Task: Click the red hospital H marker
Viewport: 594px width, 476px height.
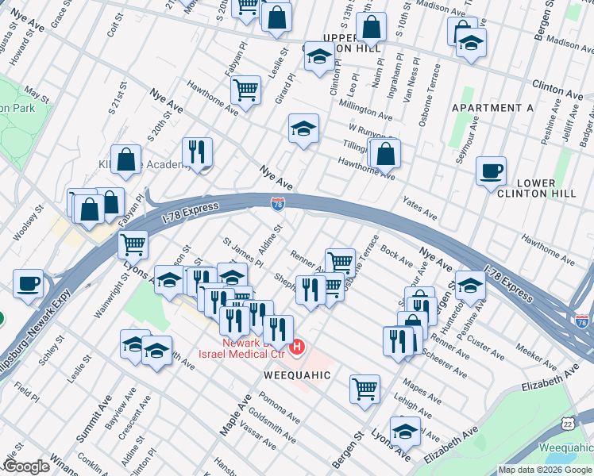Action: click(x=298, y=347)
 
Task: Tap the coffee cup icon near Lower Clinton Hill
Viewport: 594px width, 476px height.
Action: click(x=491, y=170)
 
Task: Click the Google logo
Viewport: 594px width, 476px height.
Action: click(x=27, y=466)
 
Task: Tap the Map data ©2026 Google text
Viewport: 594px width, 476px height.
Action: click(x=544, y=470)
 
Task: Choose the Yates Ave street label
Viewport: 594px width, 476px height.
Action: click(x=420, y=208)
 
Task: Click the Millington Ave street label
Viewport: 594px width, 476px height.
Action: click(x=365, y=109)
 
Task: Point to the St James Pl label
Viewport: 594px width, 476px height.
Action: click(x=242, y=250)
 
